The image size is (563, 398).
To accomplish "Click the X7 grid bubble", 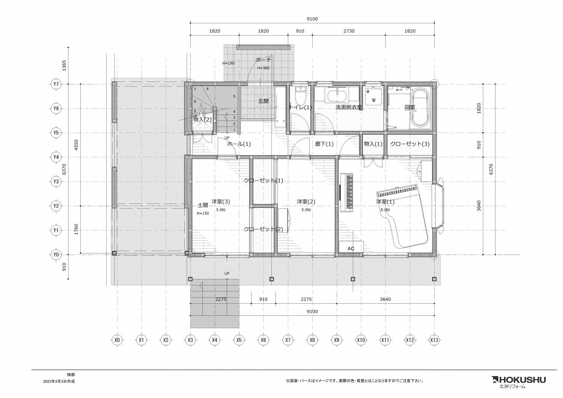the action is [288, 340].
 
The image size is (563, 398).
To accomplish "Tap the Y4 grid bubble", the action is [56, 157].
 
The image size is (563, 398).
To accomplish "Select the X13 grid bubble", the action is [434, 340].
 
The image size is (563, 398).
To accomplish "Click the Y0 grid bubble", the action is [56, 255].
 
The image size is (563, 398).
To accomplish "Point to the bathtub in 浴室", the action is [420, 109].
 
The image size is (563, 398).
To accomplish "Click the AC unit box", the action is [351, 247].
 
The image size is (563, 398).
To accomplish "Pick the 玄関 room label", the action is [263, 101].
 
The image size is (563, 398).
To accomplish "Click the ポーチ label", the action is [263, 60].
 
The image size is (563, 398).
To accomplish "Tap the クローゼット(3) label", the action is [410, 144].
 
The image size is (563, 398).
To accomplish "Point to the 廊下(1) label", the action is [324, 144].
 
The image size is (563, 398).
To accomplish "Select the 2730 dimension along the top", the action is [349, 31].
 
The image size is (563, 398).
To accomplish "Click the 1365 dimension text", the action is [64, 65].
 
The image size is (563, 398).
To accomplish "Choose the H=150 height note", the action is [203, 214].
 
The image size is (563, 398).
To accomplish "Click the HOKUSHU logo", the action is [519, 380].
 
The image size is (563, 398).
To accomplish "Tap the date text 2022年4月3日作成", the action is [59, 381].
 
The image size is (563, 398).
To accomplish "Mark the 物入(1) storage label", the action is [373, 144].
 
